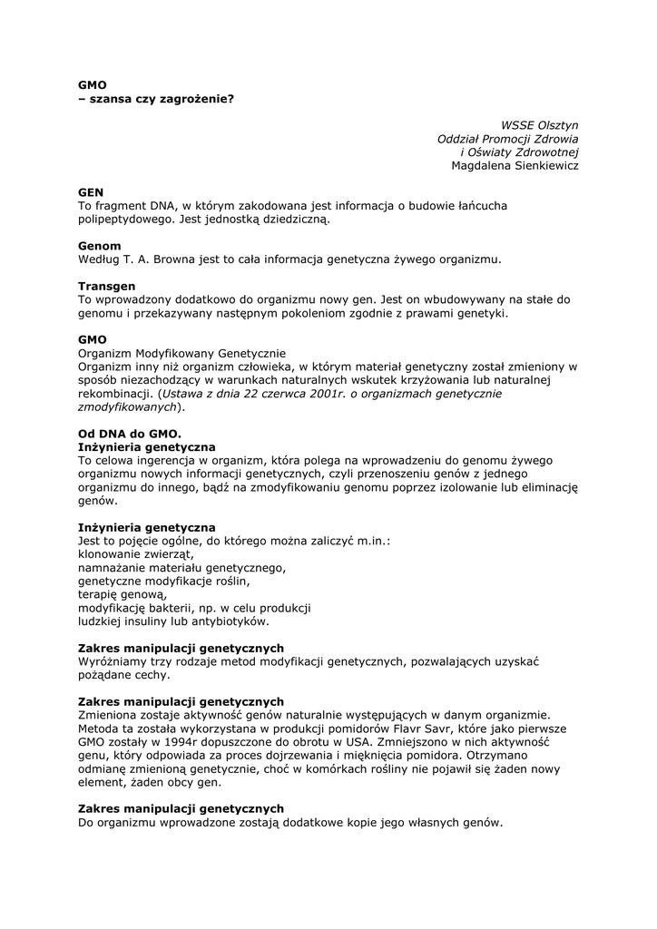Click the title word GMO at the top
click(x=92, y=84)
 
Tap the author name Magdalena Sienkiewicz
click(x=515, y=165)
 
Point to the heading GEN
click(x=91, y=192)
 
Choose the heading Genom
click(x=99, y=246)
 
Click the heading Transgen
click(x=106, y=286)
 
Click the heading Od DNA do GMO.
click(x=130, y=434)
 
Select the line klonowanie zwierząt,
click(x=135, y=554)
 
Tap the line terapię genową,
click(x=123, y=594)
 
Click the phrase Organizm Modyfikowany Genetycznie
click(x=181, y=353)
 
